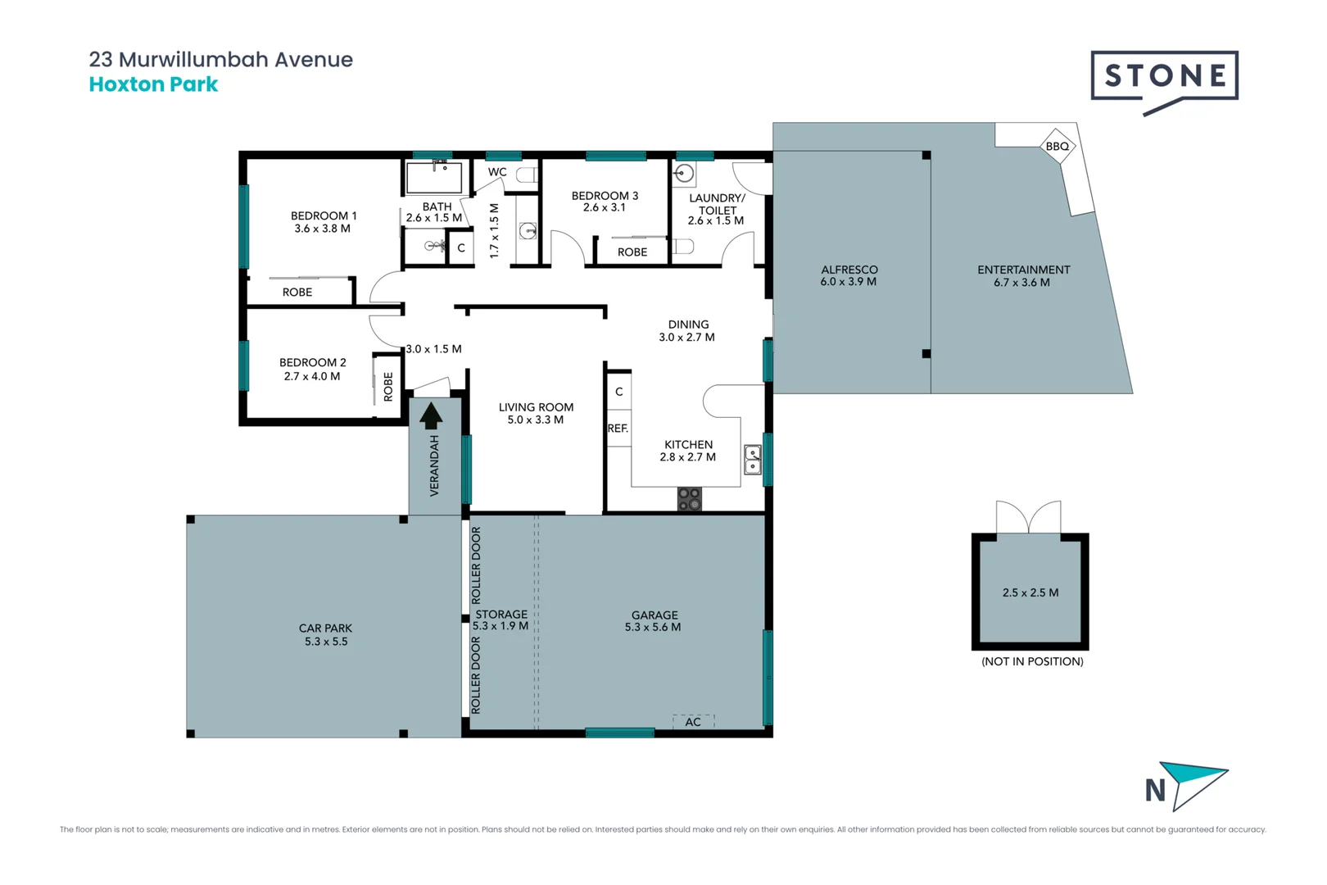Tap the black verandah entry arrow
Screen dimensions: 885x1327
pos(431,416)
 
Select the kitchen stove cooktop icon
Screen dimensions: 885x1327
pos(690,499)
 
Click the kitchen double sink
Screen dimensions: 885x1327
pos(752,460)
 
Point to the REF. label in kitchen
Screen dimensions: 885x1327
pos(618,429)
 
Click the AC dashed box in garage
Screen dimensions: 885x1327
pos(693,721)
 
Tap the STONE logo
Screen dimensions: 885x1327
pos(1164,76)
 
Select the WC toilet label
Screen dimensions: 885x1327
pos(497,172)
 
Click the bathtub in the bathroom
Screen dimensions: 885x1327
pos(434,177)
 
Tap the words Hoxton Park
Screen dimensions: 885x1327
pos(153,84)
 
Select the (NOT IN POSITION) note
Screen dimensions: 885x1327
pos(1032,661)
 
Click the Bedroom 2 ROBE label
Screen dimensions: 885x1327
pos(388,386)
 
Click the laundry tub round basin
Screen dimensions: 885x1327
pos(685,173)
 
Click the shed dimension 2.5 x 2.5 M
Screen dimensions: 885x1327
pos(1030,592)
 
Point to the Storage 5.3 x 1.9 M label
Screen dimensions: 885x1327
pos(500,620)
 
